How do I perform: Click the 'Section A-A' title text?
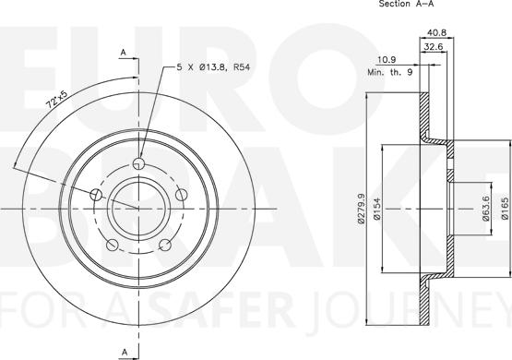(406, 4)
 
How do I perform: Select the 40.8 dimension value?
(436, 32)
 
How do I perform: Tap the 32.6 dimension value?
(434, 47)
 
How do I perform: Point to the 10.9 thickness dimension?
(387, 60)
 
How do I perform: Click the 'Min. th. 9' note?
(390, 72)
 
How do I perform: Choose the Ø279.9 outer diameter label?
(361, 209)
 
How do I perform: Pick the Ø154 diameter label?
(378, 209)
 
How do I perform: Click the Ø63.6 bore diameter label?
(485, 209)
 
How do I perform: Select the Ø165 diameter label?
(505, 209)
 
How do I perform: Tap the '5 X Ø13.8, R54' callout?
(213, 67)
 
